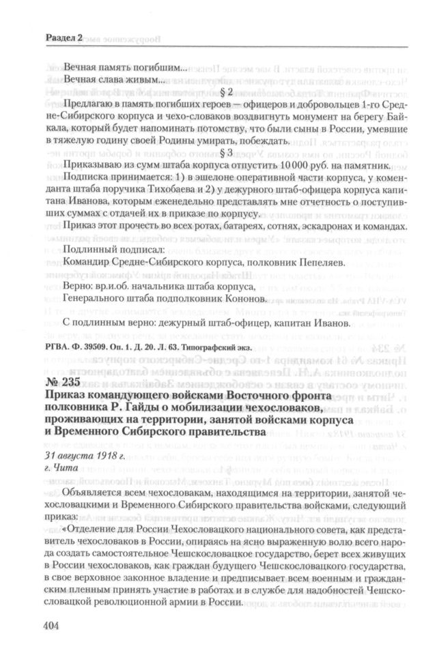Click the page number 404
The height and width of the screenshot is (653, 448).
(54, 625)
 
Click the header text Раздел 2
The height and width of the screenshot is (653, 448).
(63, 40)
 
